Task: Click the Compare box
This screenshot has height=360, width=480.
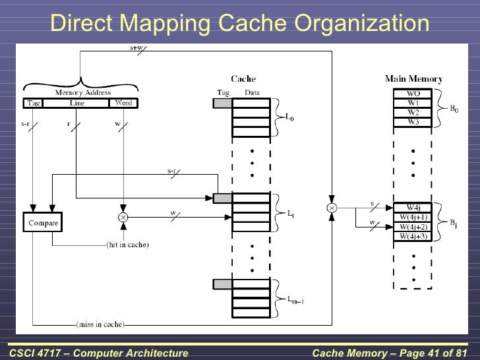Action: click(43, 223)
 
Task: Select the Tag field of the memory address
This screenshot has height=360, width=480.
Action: click(33, 103)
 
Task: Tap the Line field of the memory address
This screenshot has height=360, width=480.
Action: click(76, 103)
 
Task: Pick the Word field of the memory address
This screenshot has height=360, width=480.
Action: click(123, 103)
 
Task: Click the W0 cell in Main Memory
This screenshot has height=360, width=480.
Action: click(413, 94)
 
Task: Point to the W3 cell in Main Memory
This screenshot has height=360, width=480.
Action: click(413, 121)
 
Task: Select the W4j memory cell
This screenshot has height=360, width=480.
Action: click(413, 206)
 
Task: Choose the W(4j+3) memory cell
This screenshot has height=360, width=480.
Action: click(413, 236)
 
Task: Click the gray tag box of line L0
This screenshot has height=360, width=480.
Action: click(222, 103)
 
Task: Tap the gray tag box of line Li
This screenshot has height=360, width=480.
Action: click(222, 198)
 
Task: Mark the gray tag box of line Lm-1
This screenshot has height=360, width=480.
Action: click(222, 284)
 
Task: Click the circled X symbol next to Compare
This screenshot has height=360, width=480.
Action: click(123, 216)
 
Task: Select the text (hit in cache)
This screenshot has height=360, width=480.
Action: click(127, 245)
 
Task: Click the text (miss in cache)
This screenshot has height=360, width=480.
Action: click(100, 324)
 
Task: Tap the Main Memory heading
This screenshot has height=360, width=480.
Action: click(413, 79)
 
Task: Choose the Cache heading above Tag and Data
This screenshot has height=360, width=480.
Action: click(243, 79)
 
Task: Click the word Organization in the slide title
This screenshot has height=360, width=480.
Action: click(362, 24)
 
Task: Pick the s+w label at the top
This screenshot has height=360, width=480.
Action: click(137, 47)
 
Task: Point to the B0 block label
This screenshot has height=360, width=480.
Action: click(454, 108)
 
